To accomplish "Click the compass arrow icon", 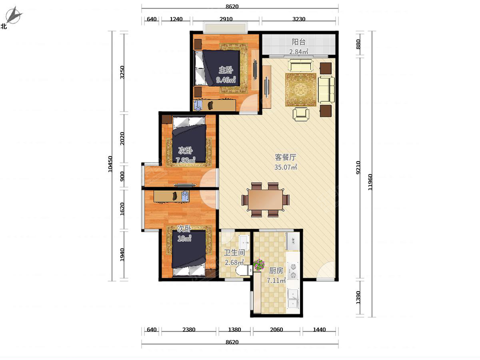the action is click(x=14, y=15).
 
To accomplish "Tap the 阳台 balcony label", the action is click(x=298, y=42).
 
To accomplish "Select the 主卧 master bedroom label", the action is click(x=226, y=70).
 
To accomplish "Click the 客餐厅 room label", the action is click(x=285, y=157).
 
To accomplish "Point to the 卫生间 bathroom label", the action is click(x=234, y=253).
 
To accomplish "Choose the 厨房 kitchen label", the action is click(x=276, y=271).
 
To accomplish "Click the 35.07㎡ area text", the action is click(x=286, y=167).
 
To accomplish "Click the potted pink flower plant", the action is click(x=259, y=264).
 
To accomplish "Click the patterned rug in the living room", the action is click(x=301, y=90).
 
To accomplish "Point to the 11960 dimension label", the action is click(x=370, y=182).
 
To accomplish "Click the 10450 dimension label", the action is click(x=110, y=164).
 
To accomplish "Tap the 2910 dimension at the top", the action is click(x=226, y=19).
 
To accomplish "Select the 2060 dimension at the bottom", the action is click(x=276, y=329).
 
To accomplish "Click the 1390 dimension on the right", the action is click(x=358, y=298).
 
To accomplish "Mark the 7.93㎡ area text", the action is click(x=186, y=160).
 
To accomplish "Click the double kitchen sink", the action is click(x=293, y=298).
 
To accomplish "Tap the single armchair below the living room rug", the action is click(x=301, y=114).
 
